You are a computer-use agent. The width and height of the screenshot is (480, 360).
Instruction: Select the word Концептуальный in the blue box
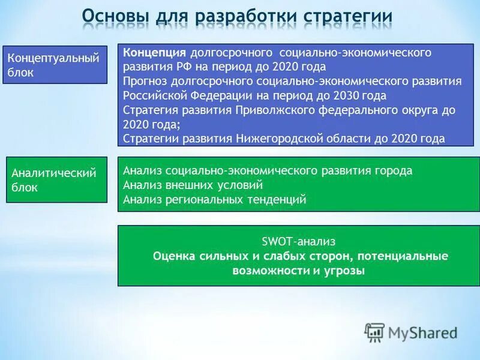coord(53,58)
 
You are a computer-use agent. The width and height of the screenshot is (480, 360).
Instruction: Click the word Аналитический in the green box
coord(54,173)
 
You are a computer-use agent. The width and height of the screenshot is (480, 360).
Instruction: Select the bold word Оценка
coord(175,256)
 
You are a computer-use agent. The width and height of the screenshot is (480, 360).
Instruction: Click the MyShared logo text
coord(423,332)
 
